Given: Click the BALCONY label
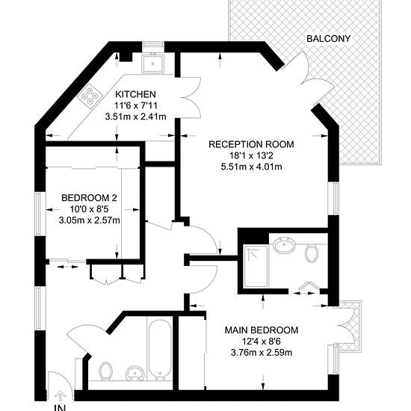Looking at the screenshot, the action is [x=328, y=39].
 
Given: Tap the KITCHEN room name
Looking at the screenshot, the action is [x=135, y=94].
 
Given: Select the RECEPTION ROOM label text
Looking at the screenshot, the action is [x=251, y=144].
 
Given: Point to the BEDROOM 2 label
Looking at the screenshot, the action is [x=89, y=198].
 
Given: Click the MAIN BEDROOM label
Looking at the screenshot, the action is [x=262, y=330].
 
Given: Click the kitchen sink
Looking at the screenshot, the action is [x=152, y=64].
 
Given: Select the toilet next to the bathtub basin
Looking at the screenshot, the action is [x=105, y=371].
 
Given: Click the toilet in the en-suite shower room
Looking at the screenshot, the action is [x=312, y=253].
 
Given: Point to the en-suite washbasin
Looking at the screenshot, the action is [x=284, y=245].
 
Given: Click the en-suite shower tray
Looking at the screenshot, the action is [x=256, y=266].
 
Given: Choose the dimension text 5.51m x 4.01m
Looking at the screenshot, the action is [x=251, y=167].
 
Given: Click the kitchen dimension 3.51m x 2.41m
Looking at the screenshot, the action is [x=135, y=117].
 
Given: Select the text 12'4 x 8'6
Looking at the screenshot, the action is [x=262, y=342].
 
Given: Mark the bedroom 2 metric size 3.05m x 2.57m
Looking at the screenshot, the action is [x=89, y=220].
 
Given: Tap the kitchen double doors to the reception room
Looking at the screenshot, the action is [x=191, y=98].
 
